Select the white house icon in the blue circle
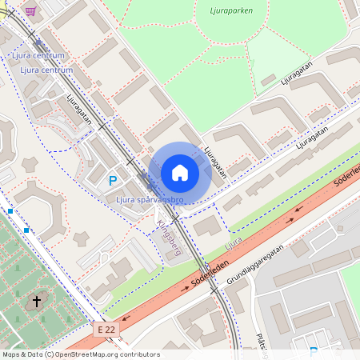(179, 173)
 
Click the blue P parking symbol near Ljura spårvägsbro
(113, 181)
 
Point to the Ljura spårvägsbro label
(150, 199)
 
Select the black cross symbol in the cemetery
(35, 302)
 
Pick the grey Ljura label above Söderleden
(233, 240)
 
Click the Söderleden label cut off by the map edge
(347, 180)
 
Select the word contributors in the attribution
(139, 354)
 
